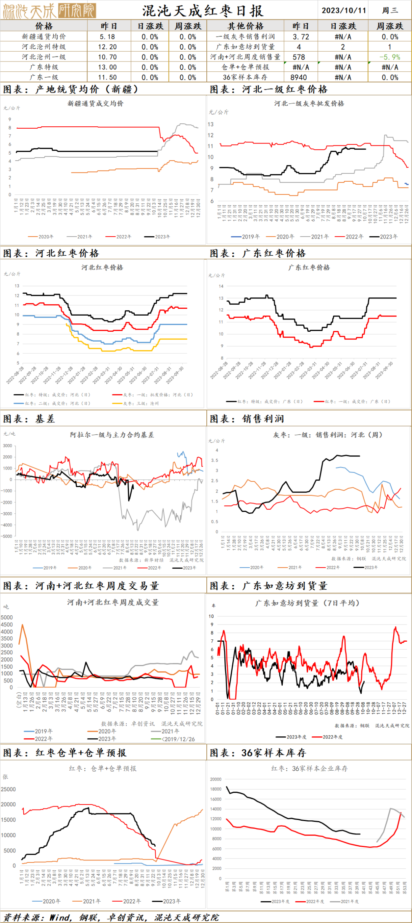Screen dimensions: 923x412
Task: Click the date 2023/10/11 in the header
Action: click(343, 10)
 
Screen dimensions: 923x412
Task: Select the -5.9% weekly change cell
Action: click(389, 57)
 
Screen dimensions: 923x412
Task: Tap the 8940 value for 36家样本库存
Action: click(298, 77)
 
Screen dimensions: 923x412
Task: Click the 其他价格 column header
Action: click(245, 26)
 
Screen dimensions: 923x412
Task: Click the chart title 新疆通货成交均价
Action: click(95, 103)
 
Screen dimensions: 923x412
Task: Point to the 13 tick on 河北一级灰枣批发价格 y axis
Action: click(211, 124)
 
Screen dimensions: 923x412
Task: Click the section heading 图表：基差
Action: click(29, 419)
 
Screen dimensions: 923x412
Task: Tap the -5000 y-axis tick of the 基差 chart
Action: click(7, 536)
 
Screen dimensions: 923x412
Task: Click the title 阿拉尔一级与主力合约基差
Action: click(112, 435)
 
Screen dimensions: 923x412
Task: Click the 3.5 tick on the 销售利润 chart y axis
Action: click(214, 460)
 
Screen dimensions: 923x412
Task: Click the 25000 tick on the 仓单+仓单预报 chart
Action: click(8, 789)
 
